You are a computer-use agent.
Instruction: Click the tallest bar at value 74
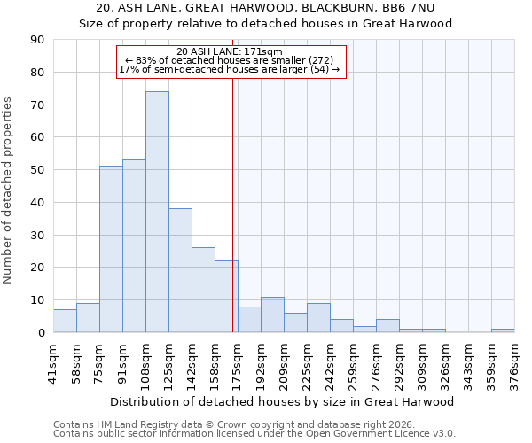pos(157,212)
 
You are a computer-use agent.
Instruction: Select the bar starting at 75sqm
pos(111,249)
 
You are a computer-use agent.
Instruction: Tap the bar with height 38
pos(180,270)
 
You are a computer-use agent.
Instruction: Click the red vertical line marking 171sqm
pos(232,204)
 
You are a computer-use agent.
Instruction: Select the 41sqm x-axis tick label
pos(53,363)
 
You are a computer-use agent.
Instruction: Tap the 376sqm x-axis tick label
pos(514,363)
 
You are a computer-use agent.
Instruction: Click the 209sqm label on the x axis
pos(284,363)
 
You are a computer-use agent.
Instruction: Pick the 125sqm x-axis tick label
pos(168,363)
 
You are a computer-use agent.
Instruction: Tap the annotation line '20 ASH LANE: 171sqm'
pos(230,51)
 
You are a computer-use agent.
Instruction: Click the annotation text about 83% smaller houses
pos(230,60)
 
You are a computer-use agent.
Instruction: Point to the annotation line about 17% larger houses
pos(230,69)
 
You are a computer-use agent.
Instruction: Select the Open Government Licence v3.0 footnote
pos(254,433)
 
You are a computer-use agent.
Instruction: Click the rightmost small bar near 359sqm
pos(503,330)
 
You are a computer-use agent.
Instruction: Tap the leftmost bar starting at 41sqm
pos(65,321)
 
